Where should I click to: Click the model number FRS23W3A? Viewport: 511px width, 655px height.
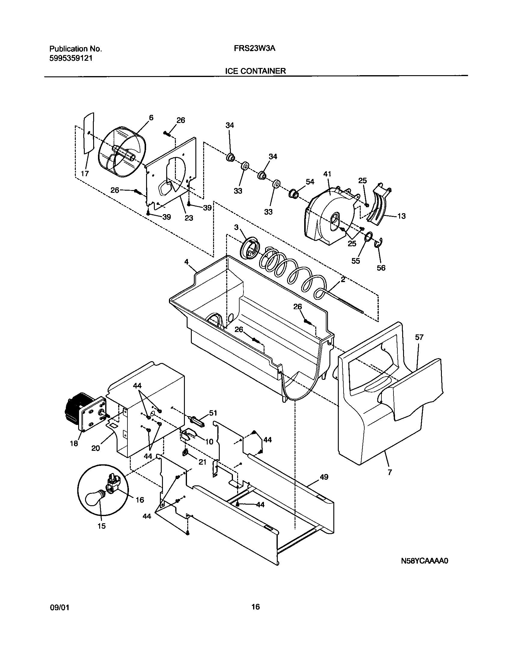[254, 49]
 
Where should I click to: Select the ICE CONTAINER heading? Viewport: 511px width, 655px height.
[255, 71]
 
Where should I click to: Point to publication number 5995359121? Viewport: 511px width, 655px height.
[71, 58]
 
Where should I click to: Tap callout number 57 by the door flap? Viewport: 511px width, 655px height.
[419, 337]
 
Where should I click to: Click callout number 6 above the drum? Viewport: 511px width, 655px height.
[151, 118]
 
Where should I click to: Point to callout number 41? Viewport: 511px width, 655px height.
[327, 174]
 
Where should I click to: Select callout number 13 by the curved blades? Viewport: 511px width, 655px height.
[402, 216]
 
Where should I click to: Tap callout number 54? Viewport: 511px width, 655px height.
[310, 182]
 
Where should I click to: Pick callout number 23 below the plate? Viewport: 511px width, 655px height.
[188, 218]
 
